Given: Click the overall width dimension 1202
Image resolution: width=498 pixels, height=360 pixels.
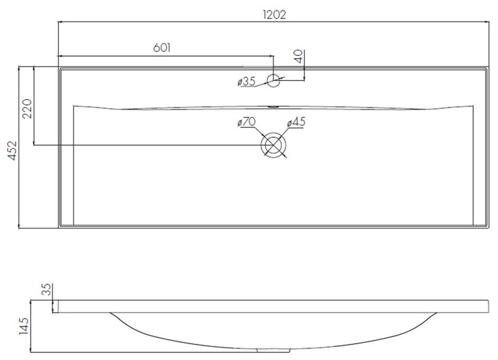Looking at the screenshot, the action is click(274, 15).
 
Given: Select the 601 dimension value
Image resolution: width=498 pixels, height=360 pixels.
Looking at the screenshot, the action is click(162, 48).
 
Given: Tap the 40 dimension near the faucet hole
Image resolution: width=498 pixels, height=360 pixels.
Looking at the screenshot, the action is click(299, 56).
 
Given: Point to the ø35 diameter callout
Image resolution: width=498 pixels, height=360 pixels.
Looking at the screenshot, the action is click(247, 82).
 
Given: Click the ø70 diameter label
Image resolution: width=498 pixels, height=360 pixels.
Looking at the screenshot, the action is click(247, 121).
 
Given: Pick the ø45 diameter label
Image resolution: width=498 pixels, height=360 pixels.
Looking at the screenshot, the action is click(296, 121).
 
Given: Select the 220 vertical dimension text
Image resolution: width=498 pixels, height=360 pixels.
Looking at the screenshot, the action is click(27, 109).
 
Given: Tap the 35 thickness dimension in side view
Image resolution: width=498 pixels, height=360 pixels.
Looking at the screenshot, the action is click(46, 289).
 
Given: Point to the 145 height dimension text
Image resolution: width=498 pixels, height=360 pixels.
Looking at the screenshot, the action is click(24, 326).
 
